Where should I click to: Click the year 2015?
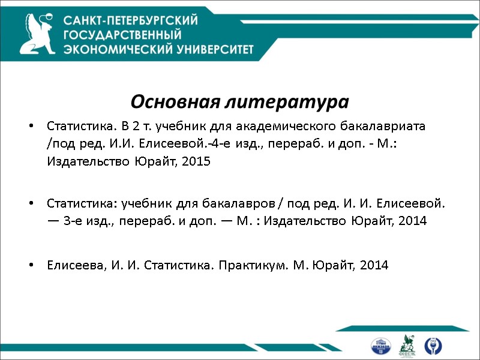click(197, 161)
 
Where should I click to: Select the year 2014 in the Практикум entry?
click(374, 265)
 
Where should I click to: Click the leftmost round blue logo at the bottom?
click(380, 346)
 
